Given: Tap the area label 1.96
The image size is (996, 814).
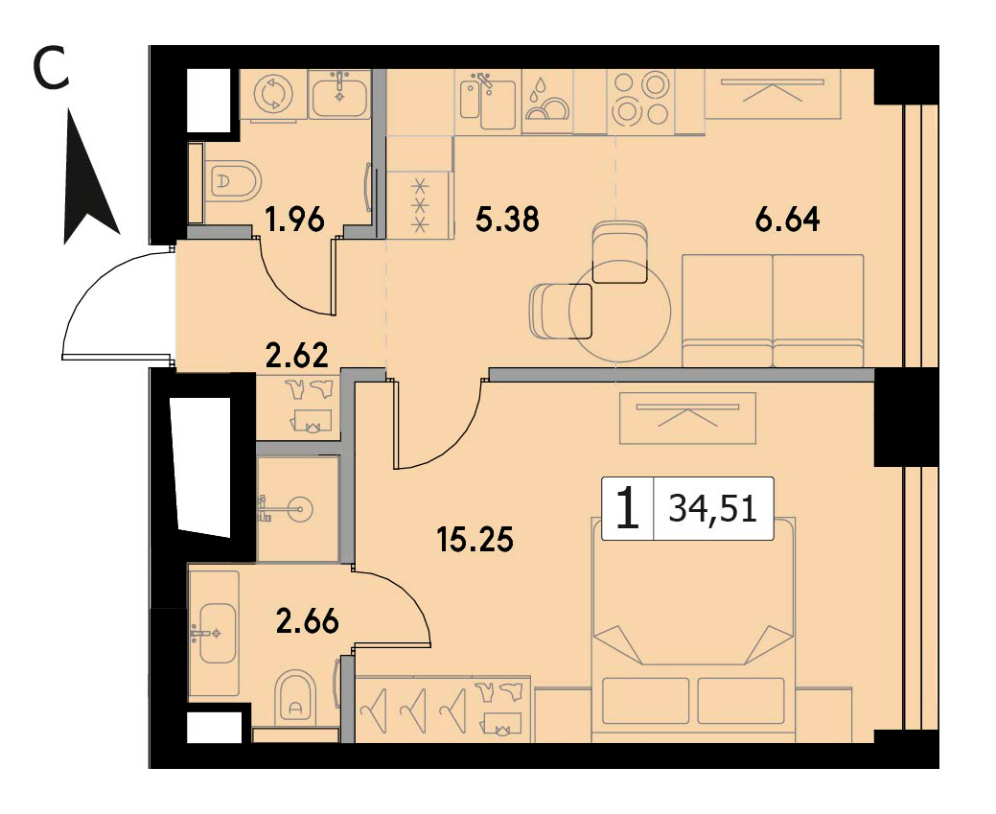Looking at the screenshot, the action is pos(295,220).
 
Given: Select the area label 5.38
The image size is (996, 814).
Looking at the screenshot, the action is pos(507,220).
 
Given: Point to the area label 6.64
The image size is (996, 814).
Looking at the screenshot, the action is pos(788,220).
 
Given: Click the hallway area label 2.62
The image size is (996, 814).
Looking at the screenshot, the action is pos(297,355).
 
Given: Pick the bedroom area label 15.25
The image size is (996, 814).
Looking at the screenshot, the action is pos(475,540).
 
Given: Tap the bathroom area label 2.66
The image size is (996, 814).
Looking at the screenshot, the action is pos(308,621).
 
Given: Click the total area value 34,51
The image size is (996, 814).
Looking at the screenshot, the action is pos(713,509).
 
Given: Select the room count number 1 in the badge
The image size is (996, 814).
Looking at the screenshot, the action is pos(628,508).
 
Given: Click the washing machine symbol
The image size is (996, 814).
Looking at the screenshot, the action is pos(273,94).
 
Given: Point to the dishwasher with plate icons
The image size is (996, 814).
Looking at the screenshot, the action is pos(547,102).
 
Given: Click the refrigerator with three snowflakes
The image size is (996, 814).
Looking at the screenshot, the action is pos(419,204).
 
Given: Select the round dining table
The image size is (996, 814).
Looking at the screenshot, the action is pos(620,311).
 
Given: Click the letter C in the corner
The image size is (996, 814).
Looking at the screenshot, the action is pos(50,69).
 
